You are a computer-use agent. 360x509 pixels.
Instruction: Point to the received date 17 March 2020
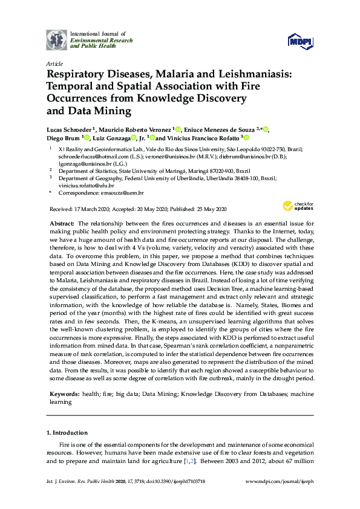[91, 210]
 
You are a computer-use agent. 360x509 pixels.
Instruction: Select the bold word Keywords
[64, 394]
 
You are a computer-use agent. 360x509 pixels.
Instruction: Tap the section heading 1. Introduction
[67, 433]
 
